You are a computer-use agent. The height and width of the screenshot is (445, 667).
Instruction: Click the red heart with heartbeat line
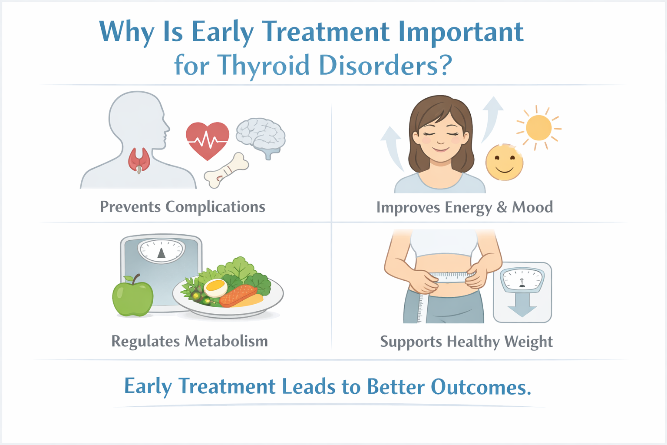point(208,140)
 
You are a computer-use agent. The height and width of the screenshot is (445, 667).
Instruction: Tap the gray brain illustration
point(261,137)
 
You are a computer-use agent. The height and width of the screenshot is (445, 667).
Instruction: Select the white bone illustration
point(226,170)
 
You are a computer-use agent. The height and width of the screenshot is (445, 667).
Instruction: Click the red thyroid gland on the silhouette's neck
point(139,160)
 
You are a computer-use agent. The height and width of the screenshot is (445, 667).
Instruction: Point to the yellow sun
point(538,128)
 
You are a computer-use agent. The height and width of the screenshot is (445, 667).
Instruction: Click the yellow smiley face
point(504,163)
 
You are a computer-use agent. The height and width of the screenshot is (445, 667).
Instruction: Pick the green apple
point(132,296)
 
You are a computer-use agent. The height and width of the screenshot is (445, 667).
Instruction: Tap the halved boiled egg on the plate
point(215,288)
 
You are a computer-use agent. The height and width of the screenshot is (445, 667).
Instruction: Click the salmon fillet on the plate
point(238,296)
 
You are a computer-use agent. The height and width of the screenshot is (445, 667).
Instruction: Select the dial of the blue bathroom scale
point(162,251)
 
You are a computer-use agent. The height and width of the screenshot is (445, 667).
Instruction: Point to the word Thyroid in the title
point(263,66)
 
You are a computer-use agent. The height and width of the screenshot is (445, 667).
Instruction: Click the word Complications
point(215,207)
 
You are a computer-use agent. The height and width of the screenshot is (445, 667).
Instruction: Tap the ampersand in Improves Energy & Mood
point(502,207)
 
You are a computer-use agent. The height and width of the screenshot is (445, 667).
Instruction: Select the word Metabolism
point(226,341)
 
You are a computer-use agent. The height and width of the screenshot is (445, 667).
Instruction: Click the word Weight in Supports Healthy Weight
point(528,342)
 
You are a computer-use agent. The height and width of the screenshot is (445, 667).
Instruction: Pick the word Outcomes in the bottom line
point(481,387)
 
